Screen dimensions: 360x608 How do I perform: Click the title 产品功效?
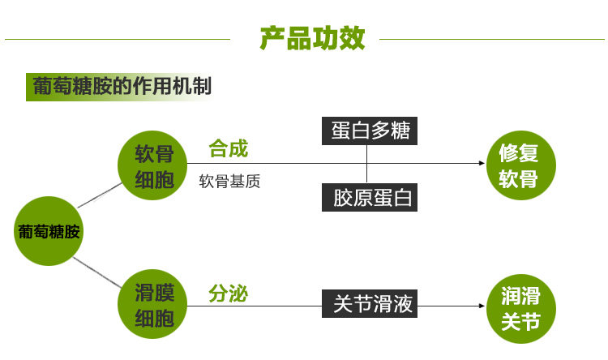pyautogui.click(x=312, y=38)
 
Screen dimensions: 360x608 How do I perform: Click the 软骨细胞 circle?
pyautogui.click(x=154, y=167)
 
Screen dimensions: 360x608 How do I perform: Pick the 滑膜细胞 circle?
pyautogui.click(x=154, y=305)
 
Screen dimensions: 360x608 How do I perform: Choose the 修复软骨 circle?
pyautogui.click(x=519, y=165)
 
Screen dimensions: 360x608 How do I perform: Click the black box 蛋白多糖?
pyautogui.click(x=370, y=131)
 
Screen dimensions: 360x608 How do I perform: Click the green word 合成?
pyautogui.click(x=228, y=149)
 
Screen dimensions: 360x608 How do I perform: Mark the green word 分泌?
pyautogui.click(x=228, y=293)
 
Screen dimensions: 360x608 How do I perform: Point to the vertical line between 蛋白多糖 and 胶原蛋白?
pyautogui.click(x=366, y=165)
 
